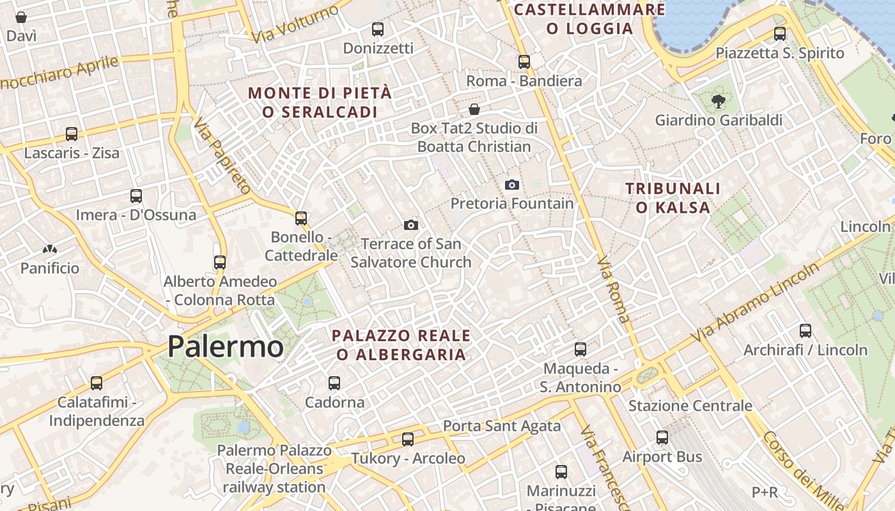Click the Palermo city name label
point(225,347)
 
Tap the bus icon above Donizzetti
point(378,29)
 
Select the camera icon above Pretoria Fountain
point(512,185)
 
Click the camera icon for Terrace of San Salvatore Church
point(411,225)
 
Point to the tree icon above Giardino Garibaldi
point(718,100)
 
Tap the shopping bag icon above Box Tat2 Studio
point(474,109)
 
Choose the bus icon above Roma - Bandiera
point(524,62)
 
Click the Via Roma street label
point(614,290)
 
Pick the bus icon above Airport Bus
point(662,438)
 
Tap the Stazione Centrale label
point(690,406)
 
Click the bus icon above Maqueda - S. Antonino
point(580,349)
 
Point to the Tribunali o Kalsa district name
point(673,197)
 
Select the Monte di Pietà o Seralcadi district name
point(320,102)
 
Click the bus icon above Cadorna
point(334,383)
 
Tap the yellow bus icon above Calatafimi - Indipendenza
point(97,383)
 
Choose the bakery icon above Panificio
point(50,248)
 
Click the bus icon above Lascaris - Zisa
point(72,134)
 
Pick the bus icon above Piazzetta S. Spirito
point(780,34)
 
